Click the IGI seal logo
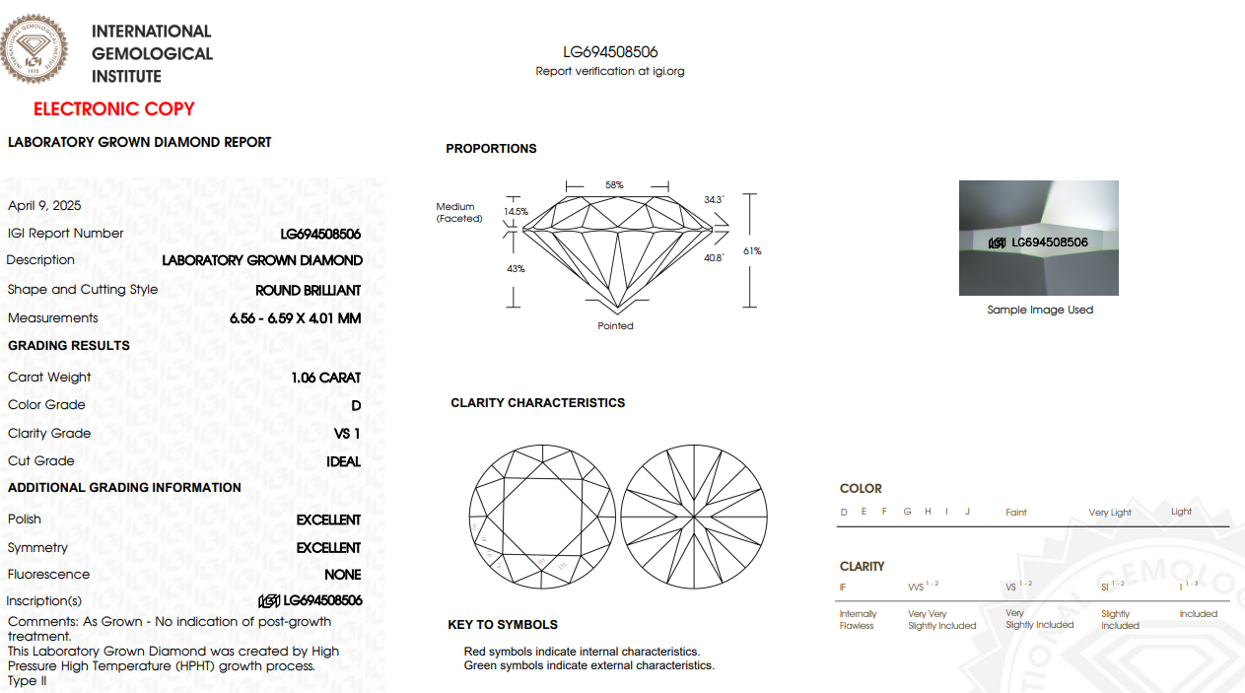pyautogui.click(x=36, y=47)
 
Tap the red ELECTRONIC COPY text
pyautogui.click(x=114, y=109)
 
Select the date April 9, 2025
pyautogui.click(x=44, y=206)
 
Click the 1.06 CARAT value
pyautogui.click(x=326, y=378)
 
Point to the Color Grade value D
pyautogui.click(x=356, y=405)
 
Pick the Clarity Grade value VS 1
pyautogui.click(x=348, y=434)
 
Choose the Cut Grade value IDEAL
pyautogui.click(x=344, y=461)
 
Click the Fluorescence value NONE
pyautogui.click(x=343, y=575)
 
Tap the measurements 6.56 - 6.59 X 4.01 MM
pyautogui.click(x=296, y=318)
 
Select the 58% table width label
pyautogui.click(x=614, y=185)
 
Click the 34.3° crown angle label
pyautogui.click(x=714, y=200)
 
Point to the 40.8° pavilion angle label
pyautogui.click(x=714, y=258)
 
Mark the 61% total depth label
pyautogui.click(x=752, y=251)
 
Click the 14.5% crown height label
pyautogui.click(x=516, y=212)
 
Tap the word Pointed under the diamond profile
pyautogui.click(x=615, y=326)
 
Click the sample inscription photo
pyautogui.click(x=1039, y=238)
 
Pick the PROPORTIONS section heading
pyautogui.click(x=491, y=149)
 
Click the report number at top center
pyautogui.click(x=610, y=52)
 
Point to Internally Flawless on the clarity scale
pyautogui.click(x=857, y=620)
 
